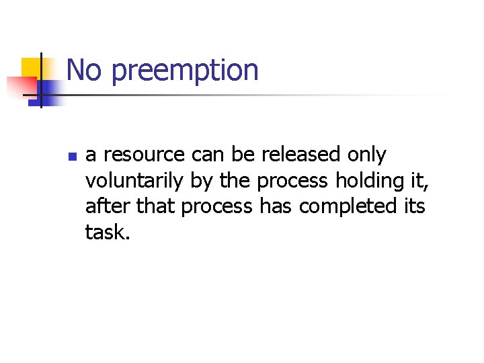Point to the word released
coord(301,155)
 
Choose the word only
coord(366,155)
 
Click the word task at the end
coord(105,232)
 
